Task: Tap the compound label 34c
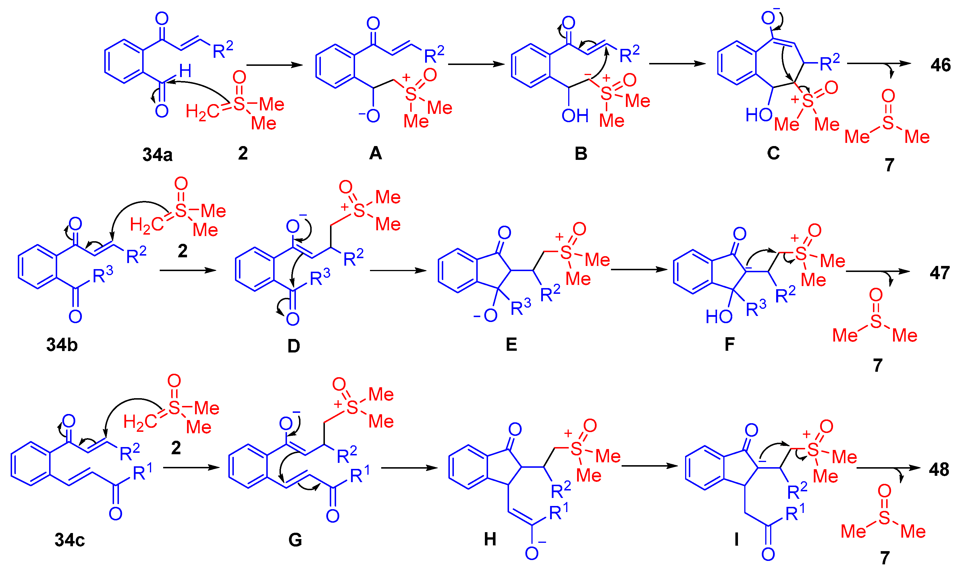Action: point(70,540)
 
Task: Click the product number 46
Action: point(940,65)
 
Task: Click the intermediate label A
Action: point(375,153)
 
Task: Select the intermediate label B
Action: point(581,154)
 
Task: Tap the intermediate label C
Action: point(773,153)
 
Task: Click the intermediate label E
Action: point(511,344)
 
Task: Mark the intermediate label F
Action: point(730,344)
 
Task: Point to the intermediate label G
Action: point(295,540)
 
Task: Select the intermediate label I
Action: point(736,540)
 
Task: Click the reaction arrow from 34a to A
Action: point(274,65)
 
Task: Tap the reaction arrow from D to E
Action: point(398,271)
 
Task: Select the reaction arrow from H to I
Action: point(649,466)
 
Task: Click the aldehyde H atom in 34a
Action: point(185,71)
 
